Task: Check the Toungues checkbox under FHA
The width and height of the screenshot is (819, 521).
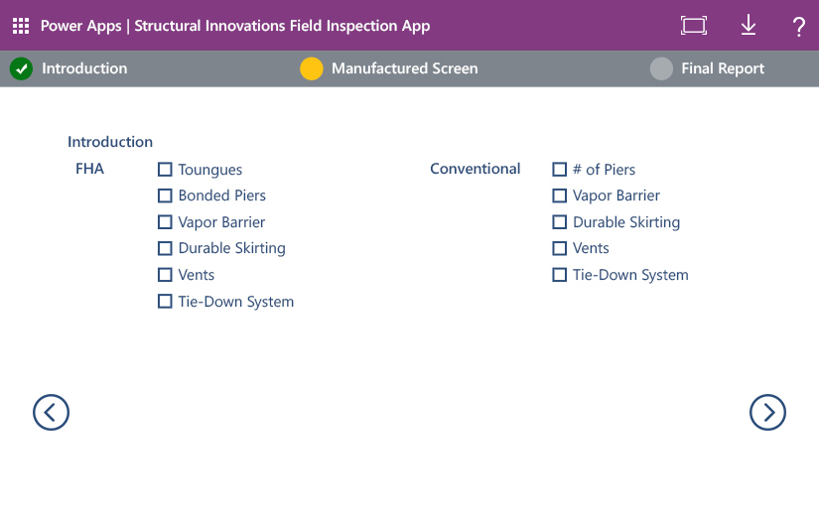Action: [x=165, y=170]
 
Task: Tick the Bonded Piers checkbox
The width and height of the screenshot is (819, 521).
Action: [x=165, y=195]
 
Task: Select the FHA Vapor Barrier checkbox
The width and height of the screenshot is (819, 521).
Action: [x=165, y=222]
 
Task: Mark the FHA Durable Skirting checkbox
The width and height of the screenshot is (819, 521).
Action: [x=165, y=248]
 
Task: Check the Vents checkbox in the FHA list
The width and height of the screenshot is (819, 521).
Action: [x=165, y=275]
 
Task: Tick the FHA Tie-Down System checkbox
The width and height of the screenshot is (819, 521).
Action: [x=165, y=301]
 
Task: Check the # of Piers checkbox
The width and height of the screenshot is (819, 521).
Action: [x=560, y=170]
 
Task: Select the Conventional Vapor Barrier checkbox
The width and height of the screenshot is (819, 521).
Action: [x=560, y=195]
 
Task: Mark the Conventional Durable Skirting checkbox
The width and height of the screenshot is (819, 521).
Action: [x=560, y=222]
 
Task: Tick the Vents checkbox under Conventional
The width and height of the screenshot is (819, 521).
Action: [x=560, y=248]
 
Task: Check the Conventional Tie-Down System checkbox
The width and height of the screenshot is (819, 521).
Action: [x=560, y=275]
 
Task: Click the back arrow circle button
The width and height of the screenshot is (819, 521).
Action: [x=51, y=412]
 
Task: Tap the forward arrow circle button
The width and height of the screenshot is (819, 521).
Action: [x=767, y=412]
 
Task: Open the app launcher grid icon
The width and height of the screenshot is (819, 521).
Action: [x=21, y=26]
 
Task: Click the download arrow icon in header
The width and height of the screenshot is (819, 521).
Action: [x=749, y=26]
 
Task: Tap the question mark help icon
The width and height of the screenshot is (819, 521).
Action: [x=798, y=27]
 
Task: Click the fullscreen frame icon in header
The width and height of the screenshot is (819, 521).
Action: [x=694, y=26]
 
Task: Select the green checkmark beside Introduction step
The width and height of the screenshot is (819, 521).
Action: [x=21, y=68]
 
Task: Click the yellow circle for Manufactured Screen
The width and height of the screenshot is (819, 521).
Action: [x=312, y=68]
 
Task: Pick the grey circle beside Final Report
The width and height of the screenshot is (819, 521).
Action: [x=661, y=68]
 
